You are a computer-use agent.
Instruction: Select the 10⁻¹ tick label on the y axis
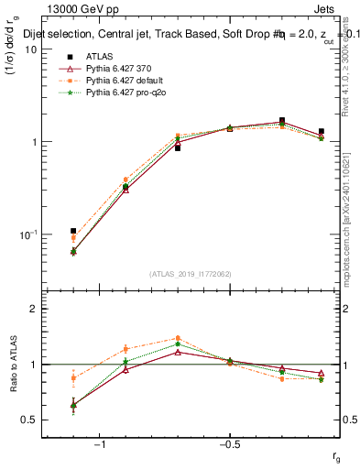coord(27,235)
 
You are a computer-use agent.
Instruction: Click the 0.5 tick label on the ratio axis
coord(29,420)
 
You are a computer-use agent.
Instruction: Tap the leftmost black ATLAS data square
coord(73,231)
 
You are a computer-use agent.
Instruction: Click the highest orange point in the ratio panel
coord(177,338)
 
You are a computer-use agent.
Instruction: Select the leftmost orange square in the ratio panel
coord(73,377)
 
